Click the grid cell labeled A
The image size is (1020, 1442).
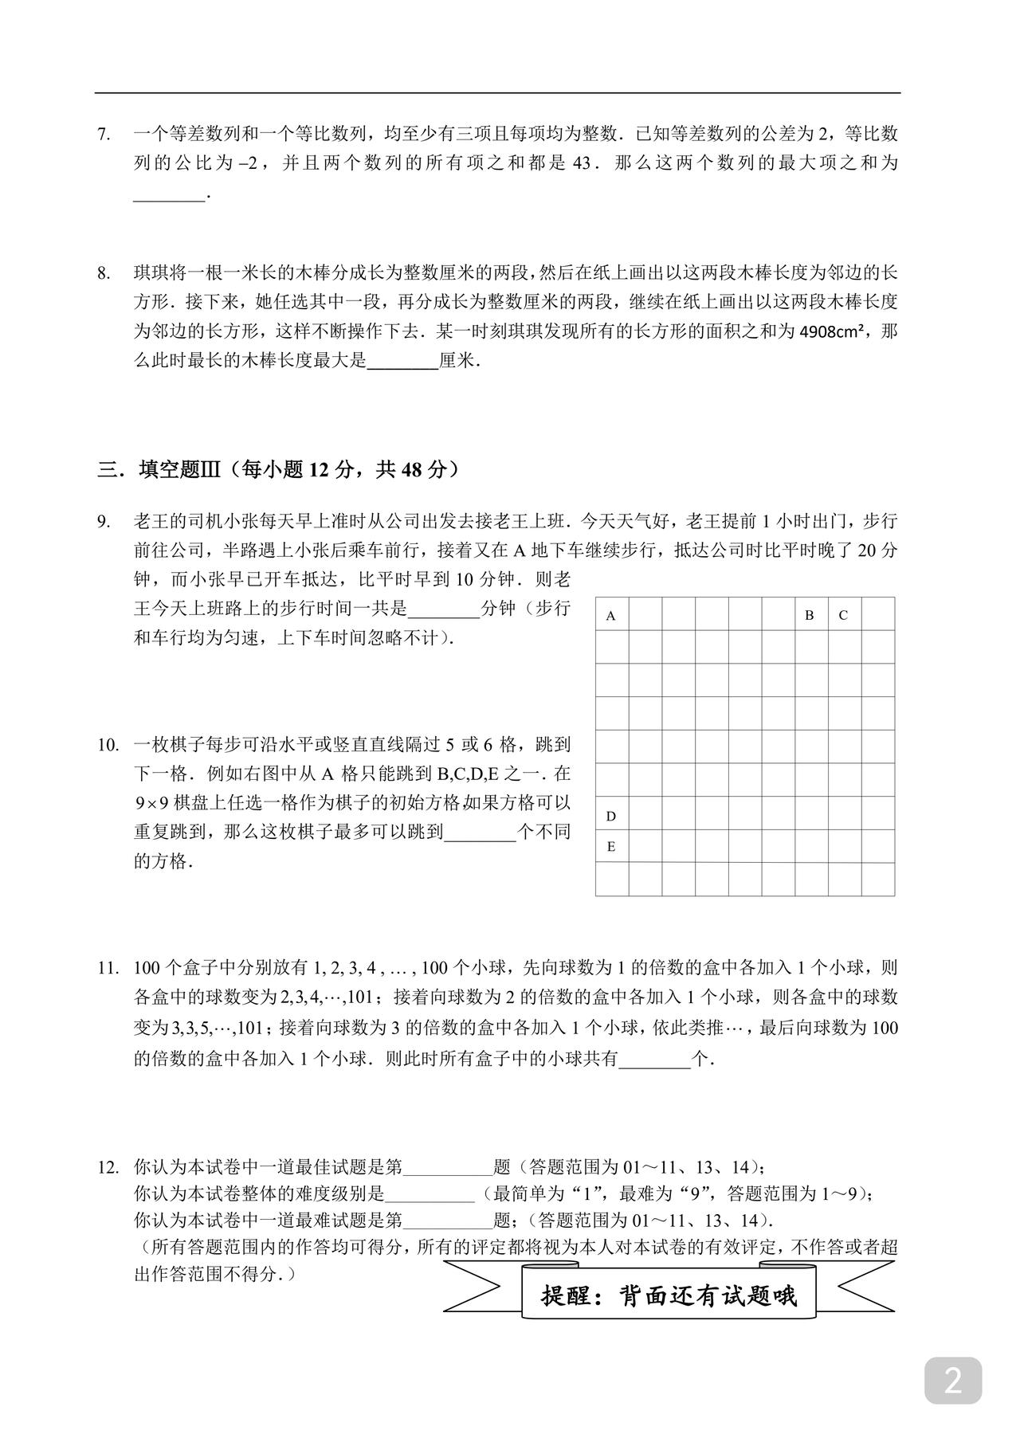(612, 614)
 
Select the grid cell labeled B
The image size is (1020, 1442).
(810, 614)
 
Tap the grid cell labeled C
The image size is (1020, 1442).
(844, 614)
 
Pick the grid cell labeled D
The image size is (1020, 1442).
(612, 814)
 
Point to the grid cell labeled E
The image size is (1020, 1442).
(612, 846)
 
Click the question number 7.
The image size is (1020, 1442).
(104, 135)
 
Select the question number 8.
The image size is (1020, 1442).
(104, 273)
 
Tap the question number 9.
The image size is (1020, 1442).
(104, 522)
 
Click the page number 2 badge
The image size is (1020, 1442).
(952, 1380)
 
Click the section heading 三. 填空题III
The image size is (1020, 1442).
(279, 469)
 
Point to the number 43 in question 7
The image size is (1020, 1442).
(583, 163)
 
